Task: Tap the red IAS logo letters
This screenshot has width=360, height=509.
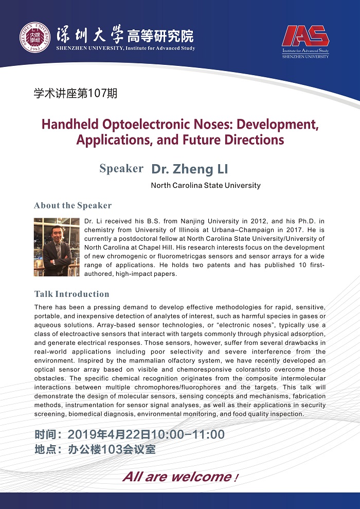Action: (x=305, y=36)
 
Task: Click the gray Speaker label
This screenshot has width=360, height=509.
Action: (x=121, y=169)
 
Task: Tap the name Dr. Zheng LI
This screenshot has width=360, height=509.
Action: (x=189, y=169)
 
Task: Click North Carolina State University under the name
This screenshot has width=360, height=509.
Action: (x=205, y=185)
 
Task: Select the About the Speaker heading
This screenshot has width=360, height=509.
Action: (x=73, y=205)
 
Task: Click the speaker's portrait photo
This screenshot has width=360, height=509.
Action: (x=57, y=247)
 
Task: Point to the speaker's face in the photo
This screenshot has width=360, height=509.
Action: (x=56, y=233)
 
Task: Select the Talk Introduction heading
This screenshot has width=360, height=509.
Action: (x=71, y=294)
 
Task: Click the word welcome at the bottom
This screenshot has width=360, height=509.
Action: (x=202, y=477)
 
